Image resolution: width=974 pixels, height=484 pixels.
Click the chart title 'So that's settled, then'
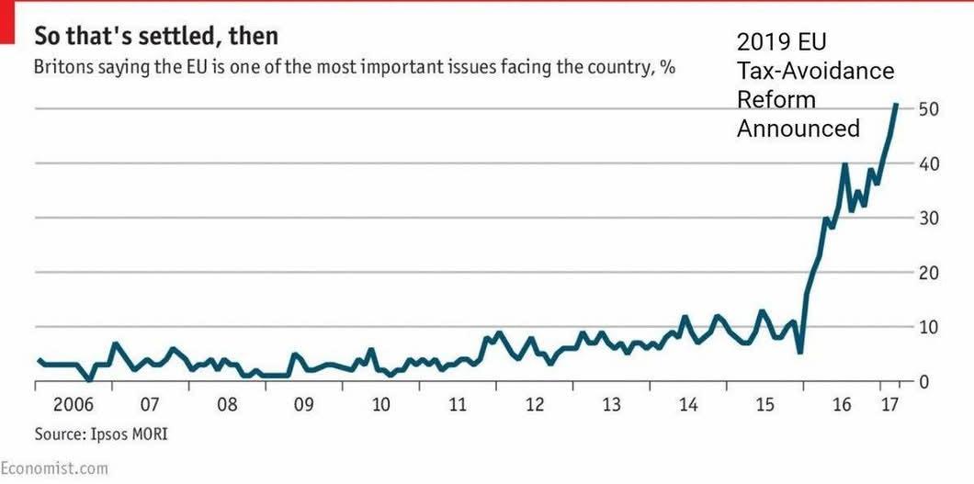[156, 37]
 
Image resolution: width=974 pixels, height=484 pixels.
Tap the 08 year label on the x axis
[227, 404]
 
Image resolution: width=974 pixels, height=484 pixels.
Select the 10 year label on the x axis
[380, 404]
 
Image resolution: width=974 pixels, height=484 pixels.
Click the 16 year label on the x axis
[841, 404]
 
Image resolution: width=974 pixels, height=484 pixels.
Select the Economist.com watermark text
[53, 468]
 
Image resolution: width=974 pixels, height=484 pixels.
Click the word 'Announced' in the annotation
[798, 129]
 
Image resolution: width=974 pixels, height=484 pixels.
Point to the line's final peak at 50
[896, 105]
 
